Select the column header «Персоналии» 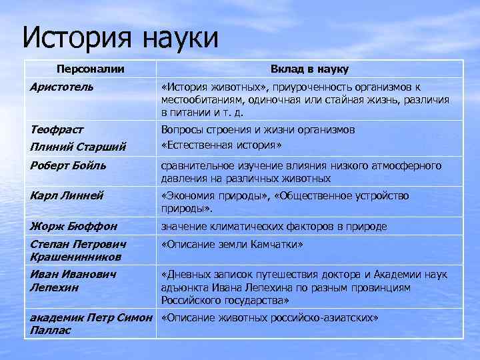90,69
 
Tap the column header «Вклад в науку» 309,69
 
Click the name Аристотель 61,87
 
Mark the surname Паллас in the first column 49,330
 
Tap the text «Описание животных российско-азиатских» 269,318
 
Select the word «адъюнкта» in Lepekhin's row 184,287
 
